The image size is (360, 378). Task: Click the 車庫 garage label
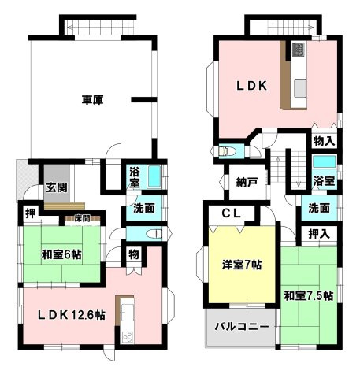point(92,100)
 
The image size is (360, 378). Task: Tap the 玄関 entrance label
point(57,187)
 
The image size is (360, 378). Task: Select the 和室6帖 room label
point(61,254)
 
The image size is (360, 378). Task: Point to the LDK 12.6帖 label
point(72,315)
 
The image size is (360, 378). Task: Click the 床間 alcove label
point(82,218)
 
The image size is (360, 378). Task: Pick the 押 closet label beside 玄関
point(31,213)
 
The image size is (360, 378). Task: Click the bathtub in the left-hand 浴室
point(154,176)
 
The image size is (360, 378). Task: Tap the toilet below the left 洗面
point(156,233)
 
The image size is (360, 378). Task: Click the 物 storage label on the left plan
point(134,254)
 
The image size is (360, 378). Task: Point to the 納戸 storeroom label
point(247,182)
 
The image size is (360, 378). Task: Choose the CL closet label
point(232,213)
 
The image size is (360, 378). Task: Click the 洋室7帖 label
point(242,265)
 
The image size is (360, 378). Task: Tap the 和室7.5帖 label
point(309,295)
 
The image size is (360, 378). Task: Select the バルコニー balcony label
point(242,327)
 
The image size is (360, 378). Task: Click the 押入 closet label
point(319,234)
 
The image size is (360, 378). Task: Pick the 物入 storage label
point(325,142)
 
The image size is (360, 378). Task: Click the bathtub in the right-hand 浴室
point(325,161)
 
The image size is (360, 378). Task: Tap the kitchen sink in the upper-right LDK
point(300,88)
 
